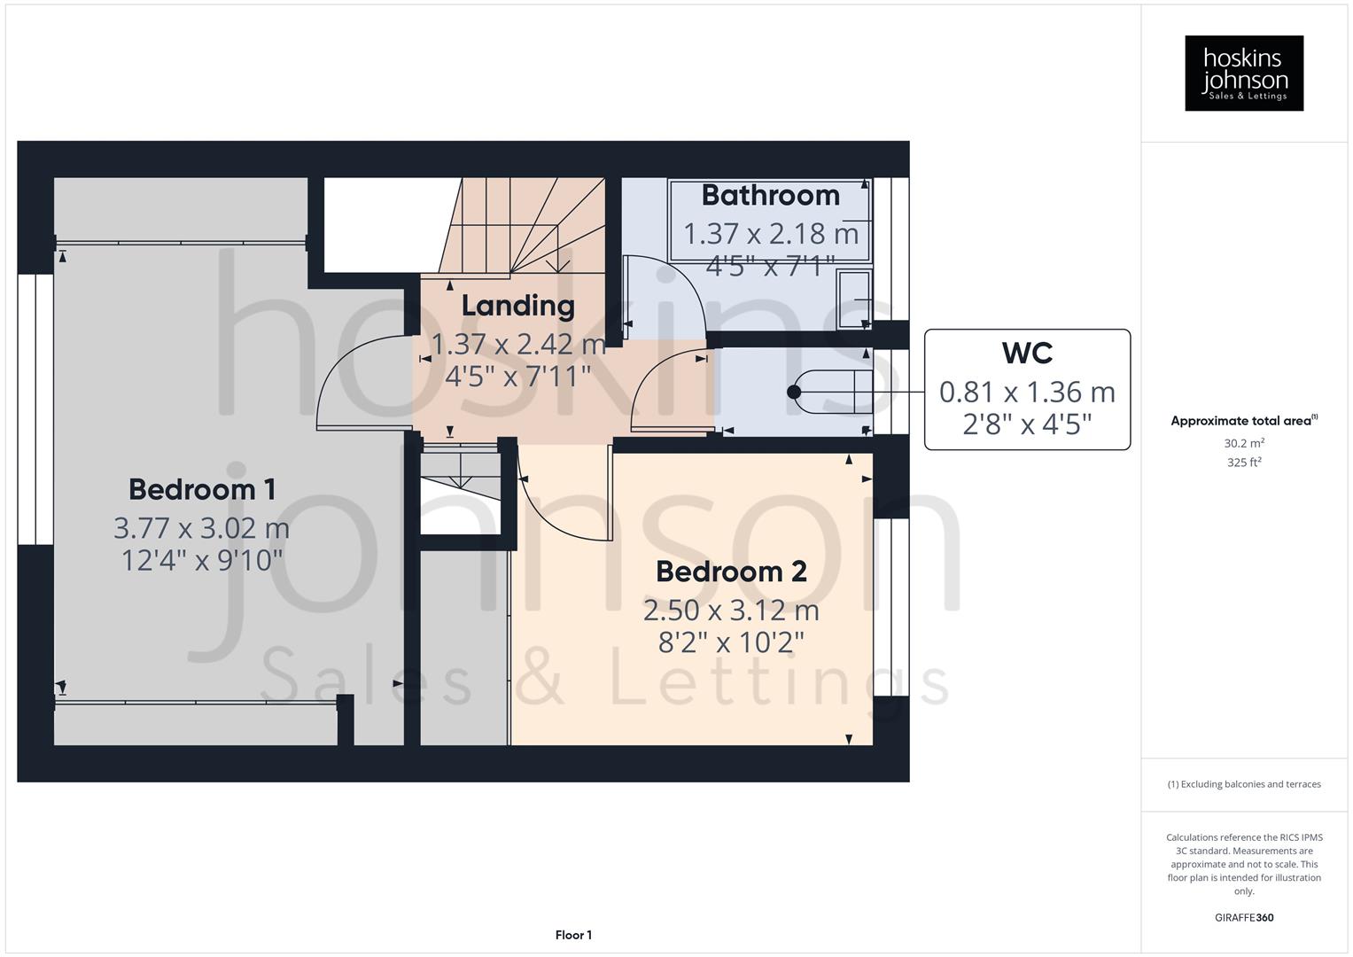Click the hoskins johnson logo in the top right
point(1243,73)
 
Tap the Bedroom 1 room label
point(202,489)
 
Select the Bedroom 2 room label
point(731,572)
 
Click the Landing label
point(518,306)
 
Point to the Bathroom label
point(770,195)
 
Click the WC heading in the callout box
point(1027,353)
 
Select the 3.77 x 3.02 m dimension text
point(202,528)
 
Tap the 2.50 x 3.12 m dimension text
point(731,611)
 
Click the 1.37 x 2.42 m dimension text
point(518,344)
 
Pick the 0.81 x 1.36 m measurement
point(1027,392)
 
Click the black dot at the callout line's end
point(794,392)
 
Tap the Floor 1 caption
point(573,935)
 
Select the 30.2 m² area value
point(1243,443)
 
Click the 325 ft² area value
point(1243,463)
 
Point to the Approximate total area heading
point(1243,421)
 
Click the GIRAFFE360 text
point(1243,917)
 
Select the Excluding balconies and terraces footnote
point(1243,784)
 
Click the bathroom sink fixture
point(853,299)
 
